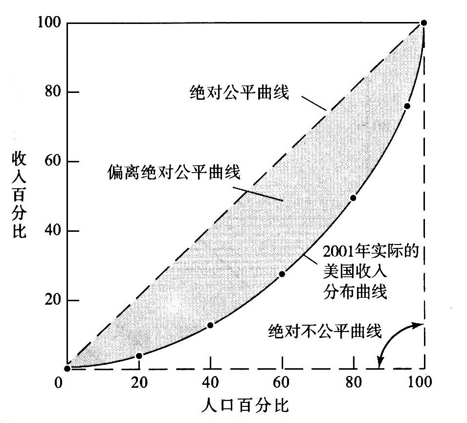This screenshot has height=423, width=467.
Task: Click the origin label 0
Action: point(59,382)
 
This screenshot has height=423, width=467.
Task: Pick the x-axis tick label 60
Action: point(282,382)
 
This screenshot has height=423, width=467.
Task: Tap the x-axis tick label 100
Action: point(422,382)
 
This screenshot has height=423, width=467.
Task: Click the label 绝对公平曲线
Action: point(239,92)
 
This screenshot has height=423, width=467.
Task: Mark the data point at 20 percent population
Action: point(139,356)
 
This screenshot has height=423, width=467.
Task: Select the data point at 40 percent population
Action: point(210,325)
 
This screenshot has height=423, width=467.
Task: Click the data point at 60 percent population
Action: point(282,274)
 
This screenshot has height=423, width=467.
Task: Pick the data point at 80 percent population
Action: point(353,198)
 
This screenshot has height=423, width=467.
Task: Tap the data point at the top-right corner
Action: point(424,23)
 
